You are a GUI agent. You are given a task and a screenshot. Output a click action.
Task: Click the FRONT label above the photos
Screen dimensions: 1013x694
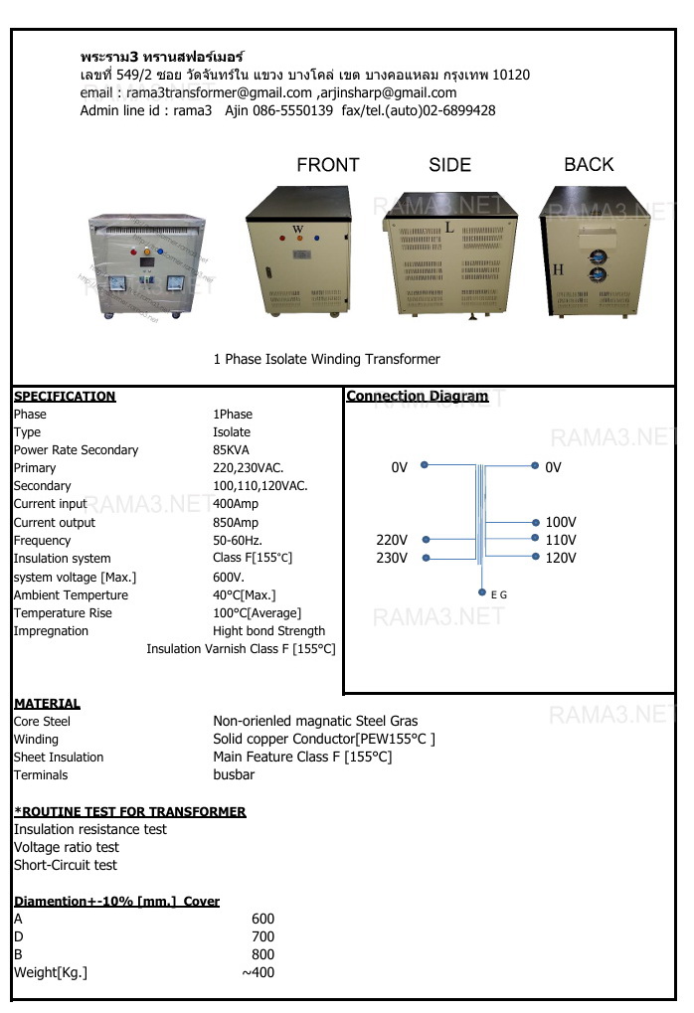click(327, 165)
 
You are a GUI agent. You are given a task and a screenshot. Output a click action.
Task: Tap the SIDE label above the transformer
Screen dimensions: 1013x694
click(449, 165)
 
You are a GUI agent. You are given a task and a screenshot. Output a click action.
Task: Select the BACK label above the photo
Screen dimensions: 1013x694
click(589, 165)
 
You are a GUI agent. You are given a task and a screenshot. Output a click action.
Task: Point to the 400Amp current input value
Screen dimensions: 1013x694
click(236, 504)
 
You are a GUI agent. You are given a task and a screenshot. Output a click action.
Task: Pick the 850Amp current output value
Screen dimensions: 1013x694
click(236, 523)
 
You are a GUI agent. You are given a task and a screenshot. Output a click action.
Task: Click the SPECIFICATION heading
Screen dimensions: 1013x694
click(65, 397)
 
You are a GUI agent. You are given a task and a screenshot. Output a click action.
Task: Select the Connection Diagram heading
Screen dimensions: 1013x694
click(417, 397)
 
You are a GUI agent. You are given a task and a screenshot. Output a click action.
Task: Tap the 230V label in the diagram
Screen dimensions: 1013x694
click(392, 559)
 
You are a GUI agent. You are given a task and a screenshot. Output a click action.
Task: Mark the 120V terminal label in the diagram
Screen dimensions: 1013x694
click(561, 559)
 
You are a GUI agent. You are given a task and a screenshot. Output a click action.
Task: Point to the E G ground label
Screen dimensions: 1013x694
click(498, 594)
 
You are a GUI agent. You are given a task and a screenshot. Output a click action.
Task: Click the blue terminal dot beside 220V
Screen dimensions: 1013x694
click(425, 541)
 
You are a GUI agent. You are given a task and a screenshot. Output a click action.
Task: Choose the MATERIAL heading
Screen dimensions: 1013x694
click(47, 704)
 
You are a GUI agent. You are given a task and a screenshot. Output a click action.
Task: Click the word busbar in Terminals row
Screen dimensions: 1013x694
click(234, 775)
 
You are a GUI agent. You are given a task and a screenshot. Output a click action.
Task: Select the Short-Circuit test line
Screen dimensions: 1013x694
click(65, 865)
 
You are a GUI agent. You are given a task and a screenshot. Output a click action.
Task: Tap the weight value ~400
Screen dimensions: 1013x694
click(259, 972)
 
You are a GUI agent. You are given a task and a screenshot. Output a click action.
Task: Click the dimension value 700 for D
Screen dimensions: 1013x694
click(262, 936)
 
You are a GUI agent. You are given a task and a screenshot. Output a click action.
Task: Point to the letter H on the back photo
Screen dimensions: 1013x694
click(558, 268)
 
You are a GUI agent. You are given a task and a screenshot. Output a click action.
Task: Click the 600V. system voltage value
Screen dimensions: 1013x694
click(229, 577)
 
